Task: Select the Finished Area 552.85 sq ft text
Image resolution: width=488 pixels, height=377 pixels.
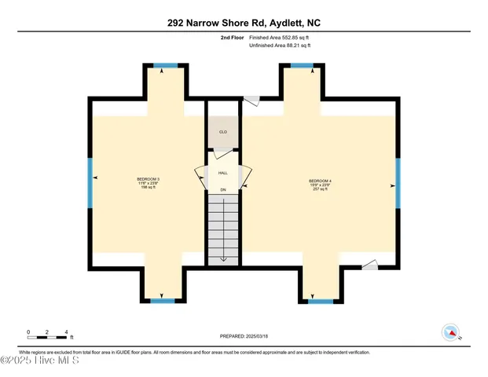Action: pos(281,36)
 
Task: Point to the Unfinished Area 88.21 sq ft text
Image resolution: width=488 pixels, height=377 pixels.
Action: pos(281,46)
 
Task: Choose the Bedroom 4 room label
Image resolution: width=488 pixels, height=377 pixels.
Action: pos(320,185)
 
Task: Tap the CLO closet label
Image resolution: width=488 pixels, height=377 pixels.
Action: pos(222,132)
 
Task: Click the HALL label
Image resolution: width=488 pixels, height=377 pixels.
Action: pos(222,173)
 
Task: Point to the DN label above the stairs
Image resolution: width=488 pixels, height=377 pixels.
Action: pos(223,190)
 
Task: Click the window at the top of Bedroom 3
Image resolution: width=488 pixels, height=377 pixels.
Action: pos(164,66)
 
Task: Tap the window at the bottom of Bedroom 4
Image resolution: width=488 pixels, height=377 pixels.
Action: pos(320,301)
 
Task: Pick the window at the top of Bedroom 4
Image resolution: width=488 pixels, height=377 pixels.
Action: pos(301,66)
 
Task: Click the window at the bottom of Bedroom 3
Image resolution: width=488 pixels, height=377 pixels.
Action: pos(163,301)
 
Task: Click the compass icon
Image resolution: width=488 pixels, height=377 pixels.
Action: pos(450,333)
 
